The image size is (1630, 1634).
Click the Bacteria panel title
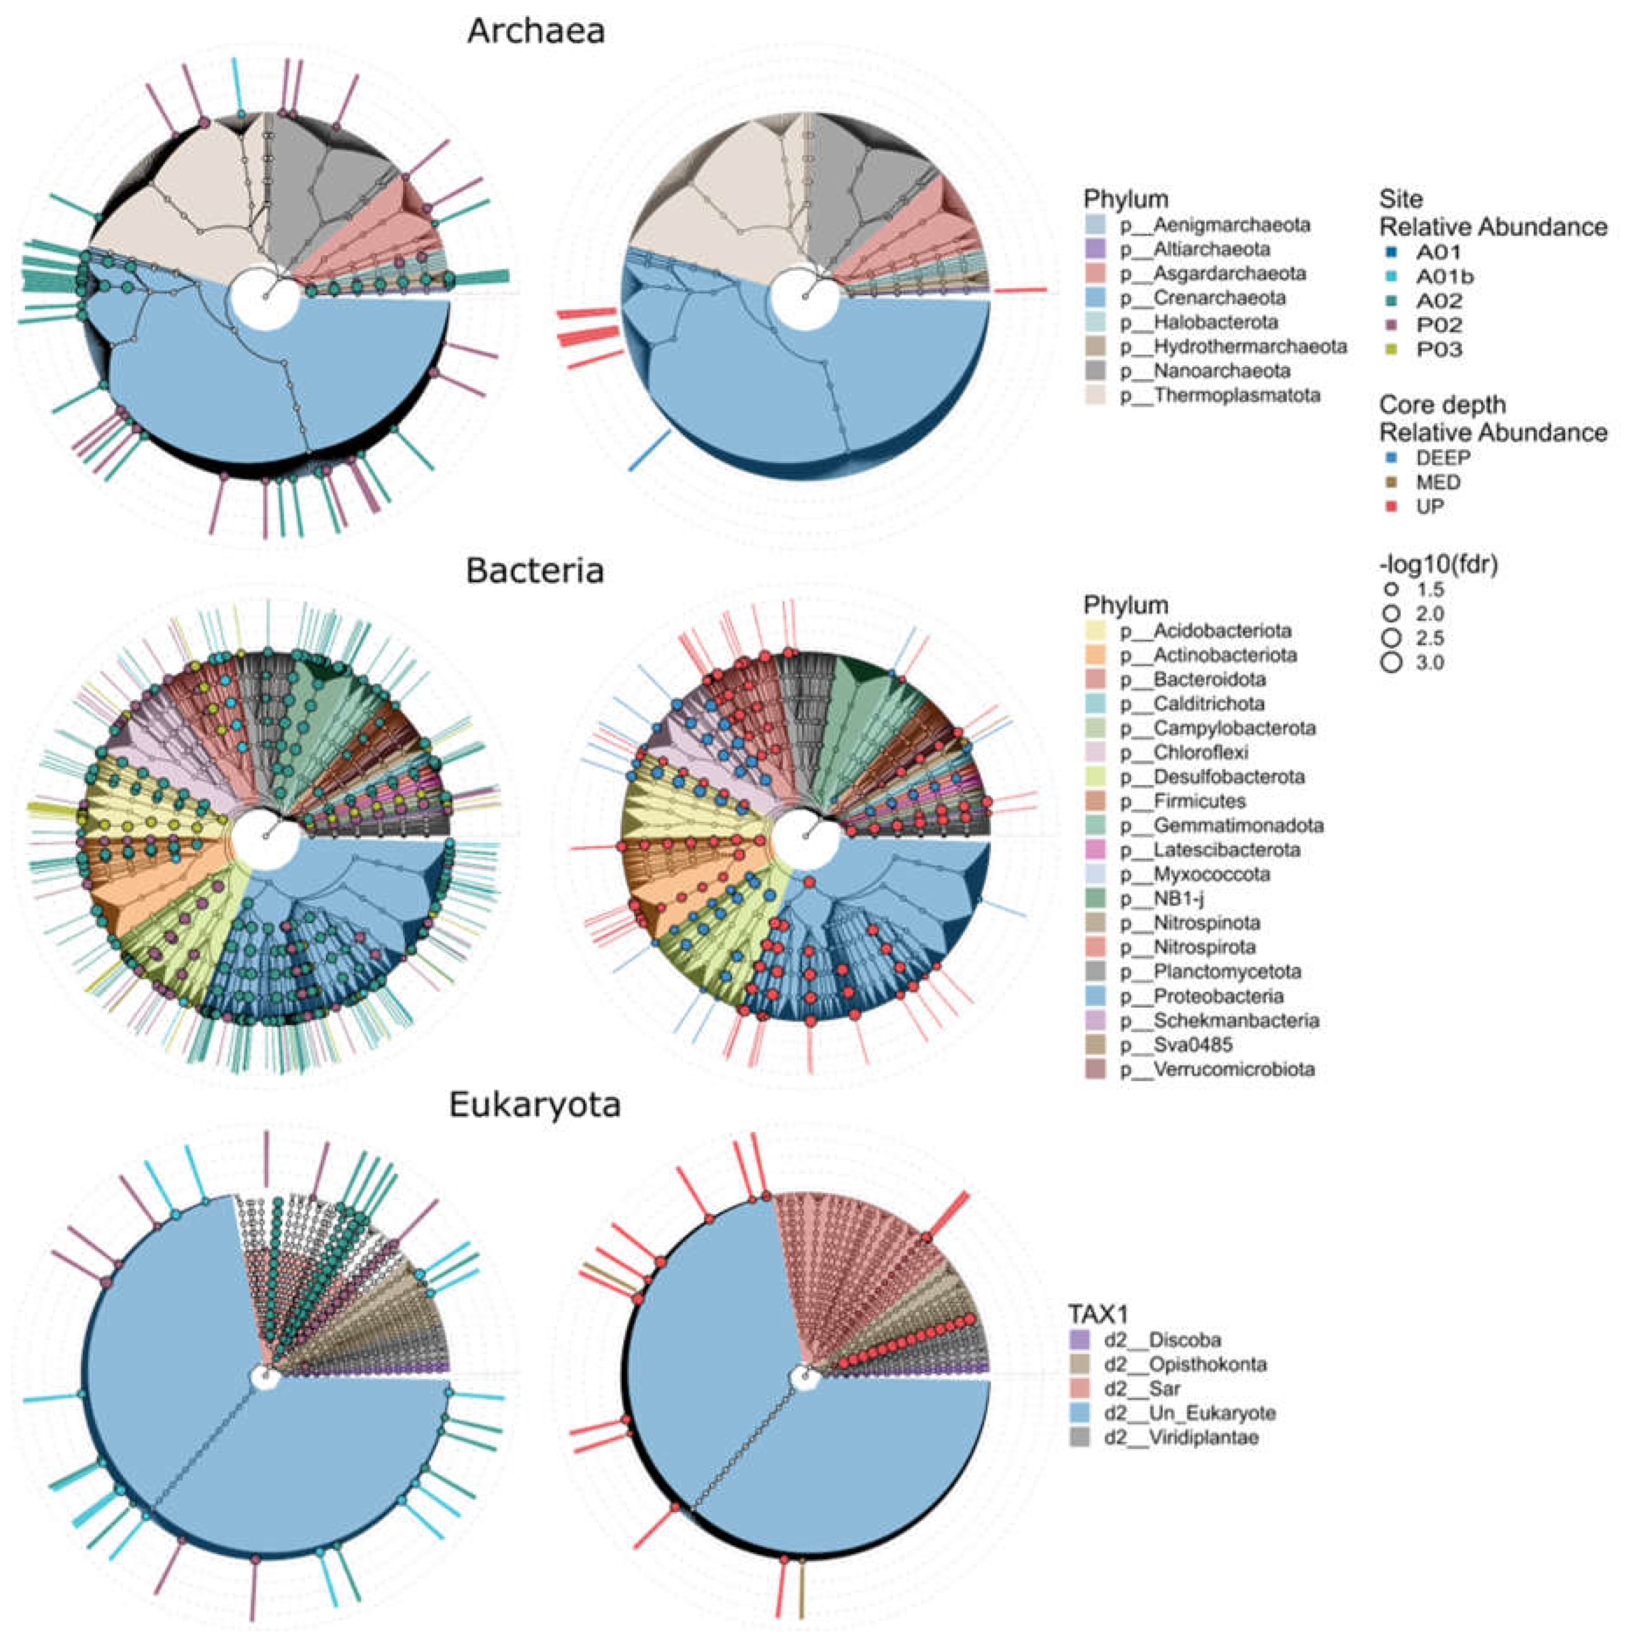coord(535,571)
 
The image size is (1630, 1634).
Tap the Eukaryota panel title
coord(535,1105)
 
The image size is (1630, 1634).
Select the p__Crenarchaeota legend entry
coord(1202,298)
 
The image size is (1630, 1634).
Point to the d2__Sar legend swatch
coord(1079,1389)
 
